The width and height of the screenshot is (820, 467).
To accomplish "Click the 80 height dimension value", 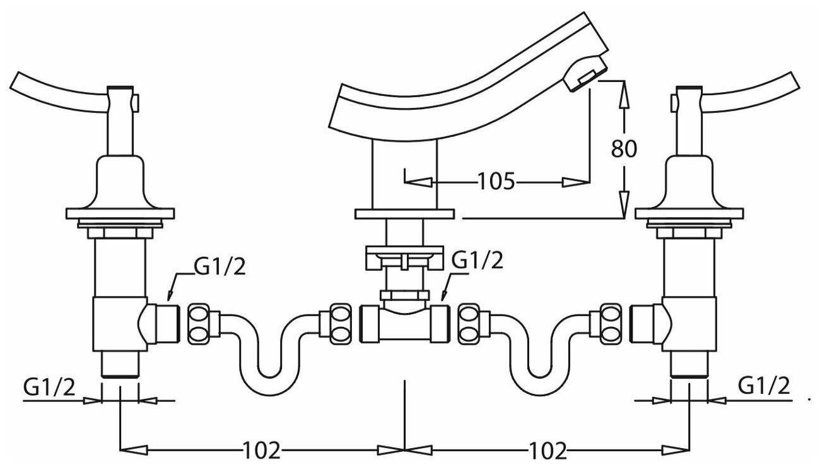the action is (x=624, y=148).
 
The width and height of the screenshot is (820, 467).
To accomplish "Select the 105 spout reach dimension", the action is (x=496, y=181).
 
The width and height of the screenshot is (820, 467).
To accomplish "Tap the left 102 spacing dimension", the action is (x=261, y=450).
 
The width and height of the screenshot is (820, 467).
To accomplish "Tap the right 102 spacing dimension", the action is (x=548, y=450).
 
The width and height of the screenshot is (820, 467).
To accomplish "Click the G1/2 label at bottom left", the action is (x=49, y=387).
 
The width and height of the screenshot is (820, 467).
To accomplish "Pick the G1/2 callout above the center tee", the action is (x=477, y=260).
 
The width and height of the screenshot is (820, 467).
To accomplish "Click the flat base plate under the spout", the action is (x=404, y=214).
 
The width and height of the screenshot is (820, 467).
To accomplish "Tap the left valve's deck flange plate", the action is (x=120, y=213).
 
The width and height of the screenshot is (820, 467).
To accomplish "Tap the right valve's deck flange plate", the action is (x=689, y=213).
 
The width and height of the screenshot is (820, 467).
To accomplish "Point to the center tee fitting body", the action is (x=404, y=324).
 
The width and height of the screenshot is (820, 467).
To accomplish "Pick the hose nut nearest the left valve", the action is (x=199, y=324).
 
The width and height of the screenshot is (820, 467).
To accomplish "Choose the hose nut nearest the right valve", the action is (x=610, y=324).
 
